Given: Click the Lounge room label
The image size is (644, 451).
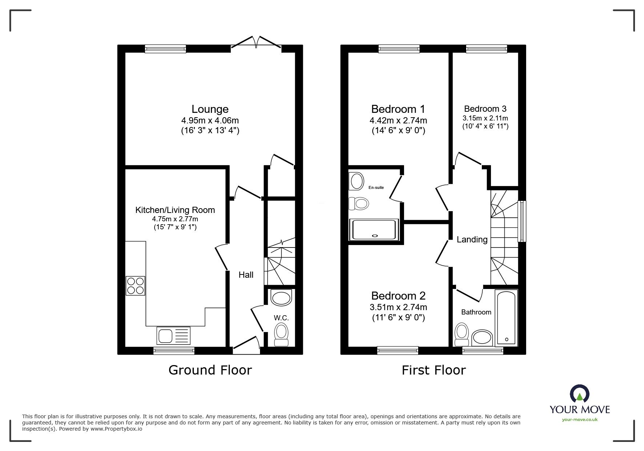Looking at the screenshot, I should pyautogui.click(x=210, y=109).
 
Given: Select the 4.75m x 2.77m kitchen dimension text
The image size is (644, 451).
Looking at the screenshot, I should pyautogui.click(x=175, y=219).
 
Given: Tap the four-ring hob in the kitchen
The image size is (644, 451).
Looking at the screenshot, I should pyautogui.click(x=135, y=286).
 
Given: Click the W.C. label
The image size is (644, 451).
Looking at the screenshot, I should pyautogui.click(x=281, y=318).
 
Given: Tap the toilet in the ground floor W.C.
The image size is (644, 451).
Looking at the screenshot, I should pyautogui.click(x=281, y=334).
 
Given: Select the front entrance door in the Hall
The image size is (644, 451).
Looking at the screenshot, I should pyautogui.click(x=246, y=345).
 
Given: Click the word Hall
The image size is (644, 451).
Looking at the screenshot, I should pyautogui.click(x=246, y=275).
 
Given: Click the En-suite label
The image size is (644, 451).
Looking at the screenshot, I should pyautogui.click(x=376, y=187).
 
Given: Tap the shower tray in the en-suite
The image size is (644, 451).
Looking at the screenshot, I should pyautogui.click(x=374, y=230).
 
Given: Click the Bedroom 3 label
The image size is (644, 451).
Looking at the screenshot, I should pyautogui.click(x=485, y=108).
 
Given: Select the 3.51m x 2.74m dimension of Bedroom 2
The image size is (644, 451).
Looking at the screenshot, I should pyautogui.click(x=398, y=307).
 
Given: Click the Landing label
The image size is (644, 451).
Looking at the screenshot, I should pyautogui.click(x=472, y=240).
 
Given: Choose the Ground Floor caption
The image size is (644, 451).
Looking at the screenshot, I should pyautogui.click(x=210, y=370).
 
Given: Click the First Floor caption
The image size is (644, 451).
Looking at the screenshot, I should pyautogui.click(x=433, y=370).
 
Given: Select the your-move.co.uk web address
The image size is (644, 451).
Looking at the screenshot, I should pyautogui.click(x=579, y=420).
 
